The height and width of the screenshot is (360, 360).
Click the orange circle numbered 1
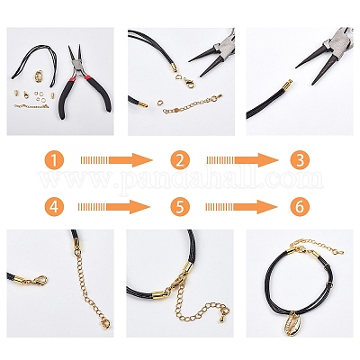(54, 160)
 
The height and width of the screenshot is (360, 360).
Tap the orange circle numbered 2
(180, 160)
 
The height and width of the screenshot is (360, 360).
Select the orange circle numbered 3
(300, 160)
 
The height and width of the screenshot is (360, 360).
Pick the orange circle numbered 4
(54, 207)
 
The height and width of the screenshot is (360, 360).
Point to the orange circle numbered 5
(180, 207)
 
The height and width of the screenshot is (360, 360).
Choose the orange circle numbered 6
(300, 207)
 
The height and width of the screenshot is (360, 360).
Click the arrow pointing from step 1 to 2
(117, 160)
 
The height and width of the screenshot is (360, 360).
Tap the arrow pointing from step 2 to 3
(243, 160)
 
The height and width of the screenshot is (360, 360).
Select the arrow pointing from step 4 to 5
(113, 207)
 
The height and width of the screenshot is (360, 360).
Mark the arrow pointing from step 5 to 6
(241, 207)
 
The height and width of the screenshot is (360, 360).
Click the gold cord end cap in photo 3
(286, 85)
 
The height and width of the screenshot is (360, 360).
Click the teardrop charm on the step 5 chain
(223, 319)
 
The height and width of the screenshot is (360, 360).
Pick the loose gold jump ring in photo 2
(160, 103)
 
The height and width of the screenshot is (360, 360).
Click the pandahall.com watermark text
(181, 180)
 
